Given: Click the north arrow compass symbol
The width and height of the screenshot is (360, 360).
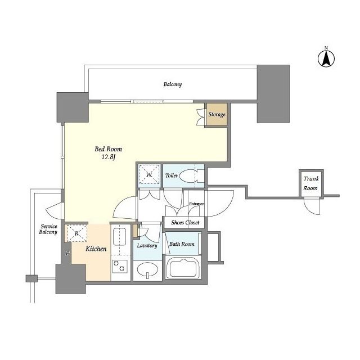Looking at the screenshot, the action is pyautogui.click(x=326, y=57).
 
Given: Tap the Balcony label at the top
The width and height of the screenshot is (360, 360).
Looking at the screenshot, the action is pyautogui.click(x=173, y=84).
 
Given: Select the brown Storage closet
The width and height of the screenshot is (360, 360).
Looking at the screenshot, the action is pyautogui.click(x=217, y=114).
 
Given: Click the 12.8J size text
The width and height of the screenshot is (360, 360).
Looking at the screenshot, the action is pyautogui.click(x=109, y=157).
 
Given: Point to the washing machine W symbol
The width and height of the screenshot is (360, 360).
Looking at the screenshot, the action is pyautogui.click(x=149, y=174).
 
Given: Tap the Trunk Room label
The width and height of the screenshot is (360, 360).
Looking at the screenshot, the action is pyautogui.click(x=311, y=183).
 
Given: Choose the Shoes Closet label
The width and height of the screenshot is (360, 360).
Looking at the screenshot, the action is pyautogui.click(x=185, y=222).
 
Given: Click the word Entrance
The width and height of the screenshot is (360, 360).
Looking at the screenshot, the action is pyautogui.click(x=196, y=204).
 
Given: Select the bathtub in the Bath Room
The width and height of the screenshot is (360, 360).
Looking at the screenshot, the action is pyautogui.click(x=183, y=268).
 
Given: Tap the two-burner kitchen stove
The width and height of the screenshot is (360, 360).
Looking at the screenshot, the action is pyautogui.click(x=120, y=266).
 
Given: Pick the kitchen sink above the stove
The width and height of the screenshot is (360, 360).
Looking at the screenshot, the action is pyautogui.click(x=120, y=237).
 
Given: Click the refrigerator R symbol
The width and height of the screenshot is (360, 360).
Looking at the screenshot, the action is pyautogui.click(x=77, y=233).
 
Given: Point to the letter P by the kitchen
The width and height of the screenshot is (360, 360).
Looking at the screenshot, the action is pyautogui.click(x=67, y=254).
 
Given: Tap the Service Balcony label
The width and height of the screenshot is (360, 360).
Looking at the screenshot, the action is pyautogui.click(x=48, y=229).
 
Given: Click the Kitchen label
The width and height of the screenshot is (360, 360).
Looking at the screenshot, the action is pyautogui.click(x=96, y=249).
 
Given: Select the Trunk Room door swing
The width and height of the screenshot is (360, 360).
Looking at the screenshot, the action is pyautogui.click(x=312, y=206).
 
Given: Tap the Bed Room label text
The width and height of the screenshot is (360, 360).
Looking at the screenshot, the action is pyautogui.click(x=109, y=149).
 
